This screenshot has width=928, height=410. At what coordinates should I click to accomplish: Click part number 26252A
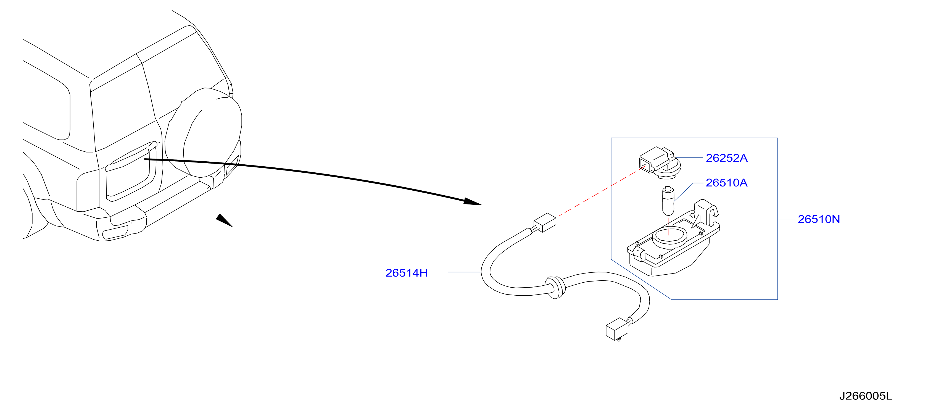pyautogui.click(x=726, y=158)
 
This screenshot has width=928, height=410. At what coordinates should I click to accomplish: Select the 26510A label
pyautogui.click(x=726, y=183)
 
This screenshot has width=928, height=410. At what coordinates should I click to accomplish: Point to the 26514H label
pyautogui.click(x=406, y=273)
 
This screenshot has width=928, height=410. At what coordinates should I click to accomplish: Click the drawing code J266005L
pyautogui.click(x=866, y=396)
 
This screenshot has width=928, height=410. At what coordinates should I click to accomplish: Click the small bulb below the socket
pyautogui.click(x=668, y=201)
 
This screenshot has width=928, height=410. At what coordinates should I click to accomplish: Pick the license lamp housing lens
pyautogui.click(x=673, y=241)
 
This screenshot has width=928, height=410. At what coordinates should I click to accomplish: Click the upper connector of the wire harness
pyautogui.click(x=545, y=223)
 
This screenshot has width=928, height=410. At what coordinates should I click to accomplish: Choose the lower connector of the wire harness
pyautogui.click(x=618, y=328)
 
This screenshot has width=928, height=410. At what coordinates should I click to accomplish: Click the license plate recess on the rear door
pyautogui.click(x=130, y=171)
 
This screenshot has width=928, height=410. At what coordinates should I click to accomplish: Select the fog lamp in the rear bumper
pyautogui.click(x=115, y=232)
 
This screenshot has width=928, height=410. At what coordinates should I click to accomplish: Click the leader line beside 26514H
pyautogui.click(x=464, y=272)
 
